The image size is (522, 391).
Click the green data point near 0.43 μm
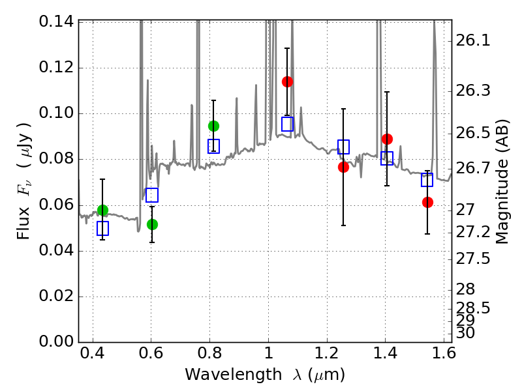click(x=102, y=210)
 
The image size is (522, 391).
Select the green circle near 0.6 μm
click(x=152, y=224)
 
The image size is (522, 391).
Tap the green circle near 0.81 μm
click(x=213, y=126)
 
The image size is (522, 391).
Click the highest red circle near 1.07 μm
click(x=287, y=81)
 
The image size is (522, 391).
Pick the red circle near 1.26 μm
click(x=343, y=167)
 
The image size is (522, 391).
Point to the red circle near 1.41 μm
click(x=387, y=139)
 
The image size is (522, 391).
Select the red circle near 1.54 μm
click(x=427, y=202)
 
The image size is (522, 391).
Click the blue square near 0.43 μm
click(x=102, y=228)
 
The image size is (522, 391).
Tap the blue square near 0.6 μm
click(x=152, y=195)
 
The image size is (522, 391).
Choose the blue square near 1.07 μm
click(x=287, y=124)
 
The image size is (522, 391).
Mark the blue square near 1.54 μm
click(x=427, y=180)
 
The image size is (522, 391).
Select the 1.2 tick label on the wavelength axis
click(x=326, y=355)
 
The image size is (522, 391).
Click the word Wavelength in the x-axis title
click(x=221, y=375)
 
